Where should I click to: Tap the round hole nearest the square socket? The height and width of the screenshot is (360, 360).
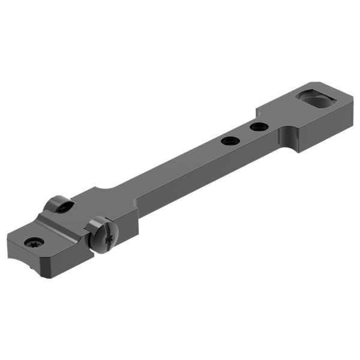[x=259, y=127]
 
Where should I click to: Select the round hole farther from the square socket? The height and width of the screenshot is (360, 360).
[x=230, y=141]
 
